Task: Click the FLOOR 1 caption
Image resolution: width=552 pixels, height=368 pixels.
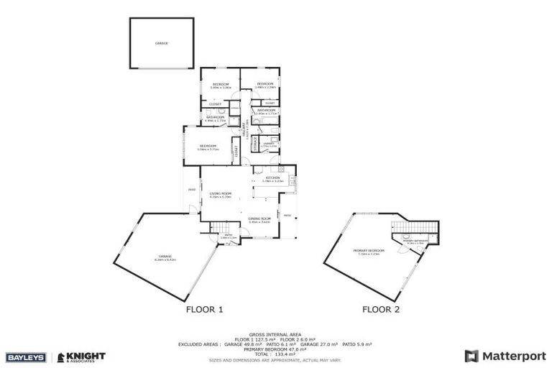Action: click(x=205, y=310)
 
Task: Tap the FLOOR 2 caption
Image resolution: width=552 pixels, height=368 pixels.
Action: click(x=381, y=310)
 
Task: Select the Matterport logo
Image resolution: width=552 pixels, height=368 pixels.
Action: click(x=505, y=356)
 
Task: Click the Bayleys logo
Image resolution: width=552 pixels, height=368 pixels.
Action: click(x=25, y=357)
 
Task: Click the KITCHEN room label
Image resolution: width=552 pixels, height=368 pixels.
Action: click(x=272, y=178)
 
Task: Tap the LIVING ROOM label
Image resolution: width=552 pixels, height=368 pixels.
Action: click(x=220, y=194)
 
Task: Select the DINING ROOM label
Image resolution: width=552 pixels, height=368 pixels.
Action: click(x=259, y=219)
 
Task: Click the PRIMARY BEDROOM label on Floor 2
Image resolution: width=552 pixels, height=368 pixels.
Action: click(x=369, y=251)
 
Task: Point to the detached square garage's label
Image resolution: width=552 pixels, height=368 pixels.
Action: click(x=161, y=43)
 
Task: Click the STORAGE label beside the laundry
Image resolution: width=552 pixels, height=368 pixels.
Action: click(x=254, y=144)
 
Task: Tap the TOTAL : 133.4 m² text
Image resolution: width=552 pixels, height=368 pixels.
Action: click(x=275, y=354)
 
